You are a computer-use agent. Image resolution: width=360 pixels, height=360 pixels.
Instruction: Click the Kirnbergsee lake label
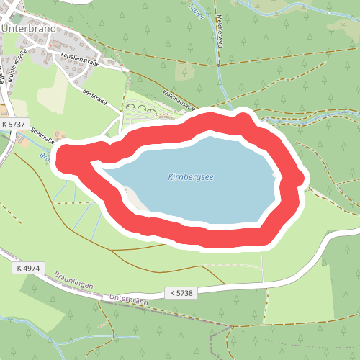[x=191, y=176]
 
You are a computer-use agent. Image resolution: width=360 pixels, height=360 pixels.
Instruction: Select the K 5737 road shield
[x=14, y=124]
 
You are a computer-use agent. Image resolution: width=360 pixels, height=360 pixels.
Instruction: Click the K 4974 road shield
[x=30, y=268]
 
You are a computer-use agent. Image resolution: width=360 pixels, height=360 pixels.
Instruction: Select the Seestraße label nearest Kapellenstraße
[x=94, y=97]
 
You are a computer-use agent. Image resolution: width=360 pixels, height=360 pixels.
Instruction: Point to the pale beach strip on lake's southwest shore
[x=134, y=197]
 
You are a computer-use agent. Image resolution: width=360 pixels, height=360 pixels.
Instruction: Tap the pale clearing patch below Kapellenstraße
[x=52, y=90]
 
